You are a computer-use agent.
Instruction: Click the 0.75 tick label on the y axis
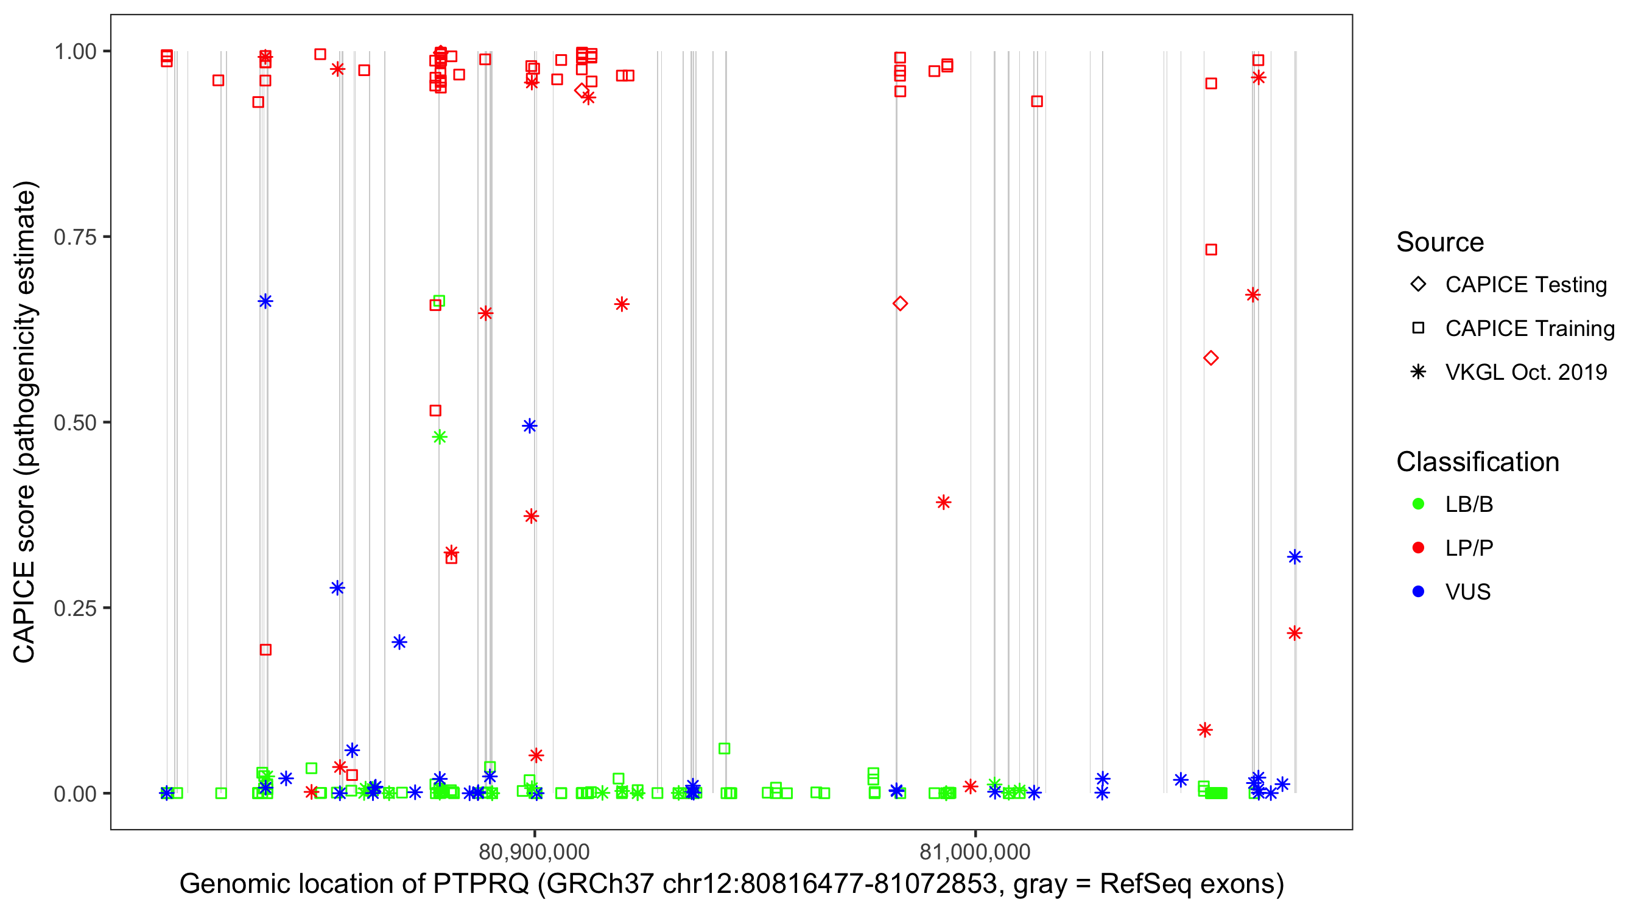click(x=75, y=237)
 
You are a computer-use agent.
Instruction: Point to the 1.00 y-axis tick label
click(x=75, y=52)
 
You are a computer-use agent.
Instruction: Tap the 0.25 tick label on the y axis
click(x=75, y=608)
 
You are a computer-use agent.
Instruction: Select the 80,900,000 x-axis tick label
click(x=534, y=852)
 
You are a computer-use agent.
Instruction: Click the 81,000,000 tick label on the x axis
click(x=975, y=852)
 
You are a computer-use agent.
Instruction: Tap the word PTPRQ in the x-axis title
click(x=481, y=884)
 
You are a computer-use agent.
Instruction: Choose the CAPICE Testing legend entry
click(x=1526, y=285)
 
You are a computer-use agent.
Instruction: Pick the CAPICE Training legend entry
click(x=1530, y=329)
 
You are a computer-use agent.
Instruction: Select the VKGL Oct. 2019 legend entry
click(x=1526, y=372)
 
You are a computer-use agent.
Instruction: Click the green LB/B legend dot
click(x=1418, y=504)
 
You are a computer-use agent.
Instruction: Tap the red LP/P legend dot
click(x=1418, y=548)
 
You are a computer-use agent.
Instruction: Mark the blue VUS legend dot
click(x=1418, y=592)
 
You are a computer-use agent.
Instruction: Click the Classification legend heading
click(x=1477, y=462)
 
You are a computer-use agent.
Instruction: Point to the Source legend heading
click(x=1440, y=242)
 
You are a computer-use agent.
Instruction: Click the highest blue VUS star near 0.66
click(x=265, y=301)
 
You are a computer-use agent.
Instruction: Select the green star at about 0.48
click(x=440, y=437)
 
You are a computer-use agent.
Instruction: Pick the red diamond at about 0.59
click(x=1210, y=358)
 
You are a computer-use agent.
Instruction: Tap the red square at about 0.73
click(x=1211, y=250)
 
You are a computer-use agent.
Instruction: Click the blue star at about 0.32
click(x=1294, y=557)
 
